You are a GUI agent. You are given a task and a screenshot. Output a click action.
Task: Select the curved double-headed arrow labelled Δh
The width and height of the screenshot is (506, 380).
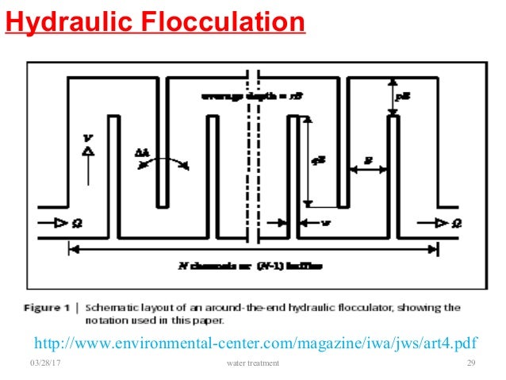point(163,161)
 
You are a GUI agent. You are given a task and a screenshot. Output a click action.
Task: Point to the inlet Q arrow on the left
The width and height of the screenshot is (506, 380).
point(54,224)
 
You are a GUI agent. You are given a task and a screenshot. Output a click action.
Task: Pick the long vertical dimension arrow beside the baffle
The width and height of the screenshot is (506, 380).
point(308,159)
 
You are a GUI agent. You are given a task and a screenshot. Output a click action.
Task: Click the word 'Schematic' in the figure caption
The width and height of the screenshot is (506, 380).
point(114,308)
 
